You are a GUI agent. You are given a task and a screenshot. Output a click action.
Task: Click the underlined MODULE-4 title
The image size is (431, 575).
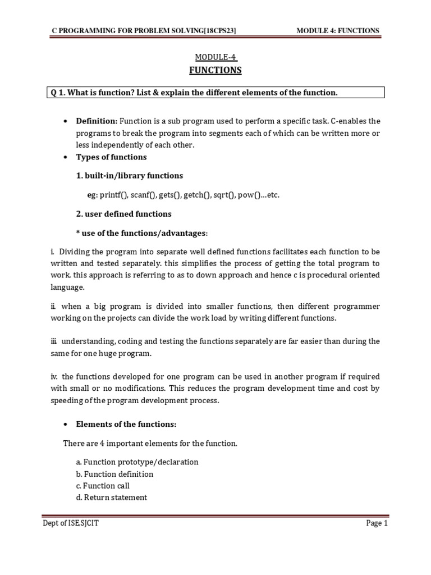(215, 57)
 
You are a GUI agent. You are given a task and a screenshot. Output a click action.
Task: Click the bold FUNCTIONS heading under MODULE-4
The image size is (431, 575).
(215, 70)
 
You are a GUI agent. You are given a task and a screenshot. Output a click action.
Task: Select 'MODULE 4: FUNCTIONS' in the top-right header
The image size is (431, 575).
(338, 30)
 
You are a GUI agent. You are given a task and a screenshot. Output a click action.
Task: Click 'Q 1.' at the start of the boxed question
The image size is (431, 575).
(58, 92)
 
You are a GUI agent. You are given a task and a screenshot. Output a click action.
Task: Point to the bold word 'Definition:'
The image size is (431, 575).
(97, 121)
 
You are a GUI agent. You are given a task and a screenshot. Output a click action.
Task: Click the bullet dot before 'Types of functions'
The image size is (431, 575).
(66, 157)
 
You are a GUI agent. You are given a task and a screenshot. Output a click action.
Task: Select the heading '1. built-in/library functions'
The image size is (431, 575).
(130, 176)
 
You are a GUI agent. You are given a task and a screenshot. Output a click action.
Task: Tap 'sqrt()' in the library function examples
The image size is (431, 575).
(223, 195)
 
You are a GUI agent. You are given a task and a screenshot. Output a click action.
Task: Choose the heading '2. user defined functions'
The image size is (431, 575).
(124, 214)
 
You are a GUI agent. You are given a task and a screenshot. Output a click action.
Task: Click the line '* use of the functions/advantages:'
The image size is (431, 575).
(142, 232)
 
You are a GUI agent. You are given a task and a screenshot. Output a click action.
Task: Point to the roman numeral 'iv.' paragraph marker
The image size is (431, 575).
(54, 377)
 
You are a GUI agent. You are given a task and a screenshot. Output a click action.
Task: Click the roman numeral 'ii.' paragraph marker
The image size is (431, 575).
(54, 307)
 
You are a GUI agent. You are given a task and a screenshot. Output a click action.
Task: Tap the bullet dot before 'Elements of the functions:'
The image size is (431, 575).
(66, 424)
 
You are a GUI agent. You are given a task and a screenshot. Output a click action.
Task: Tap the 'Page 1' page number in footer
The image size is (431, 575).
(377, 524)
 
